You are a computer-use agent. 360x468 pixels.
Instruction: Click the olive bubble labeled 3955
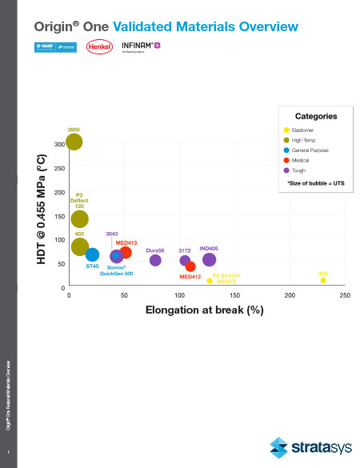pos(74,142)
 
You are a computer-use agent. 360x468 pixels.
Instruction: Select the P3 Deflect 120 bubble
pos(79,218)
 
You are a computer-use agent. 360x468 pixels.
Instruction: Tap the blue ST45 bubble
pos(92,254)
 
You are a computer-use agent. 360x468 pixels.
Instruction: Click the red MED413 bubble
pos(126,253)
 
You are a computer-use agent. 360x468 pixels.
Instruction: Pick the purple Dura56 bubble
pos(155,260)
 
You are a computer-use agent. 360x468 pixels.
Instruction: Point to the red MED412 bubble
pos(190,266)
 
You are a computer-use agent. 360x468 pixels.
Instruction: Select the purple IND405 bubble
pos(209,259)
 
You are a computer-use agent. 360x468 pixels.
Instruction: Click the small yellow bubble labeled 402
pos(323,280)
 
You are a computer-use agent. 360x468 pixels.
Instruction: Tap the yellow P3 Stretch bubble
pos(210,281)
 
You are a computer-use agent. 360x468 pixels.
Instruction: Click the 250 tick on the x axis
pos(345,295)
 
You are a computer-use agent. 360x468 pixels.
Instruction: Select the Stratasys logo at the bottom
pos(308,445)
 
